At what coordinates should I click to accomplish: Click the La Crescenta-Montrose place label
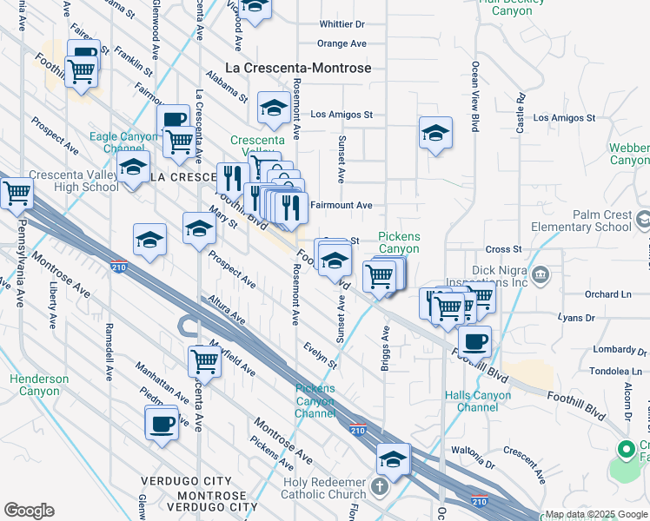click(x=298, y=68)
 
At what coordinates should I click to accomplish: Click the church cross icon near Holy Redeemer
click(x=379, y=486)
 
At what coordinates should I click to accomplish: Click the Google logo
click(x=29, y=511)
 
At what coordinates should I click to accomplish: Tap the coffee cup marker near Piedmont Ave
click(x=162, y=425)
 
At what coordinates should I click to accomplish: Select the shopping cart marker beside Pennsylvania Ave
click(x=17, y=194)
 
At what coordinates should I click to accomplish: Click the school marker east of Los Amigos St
click(x=435, y=133)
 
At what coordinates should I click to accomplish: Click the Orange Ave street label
click(x=342, y=43)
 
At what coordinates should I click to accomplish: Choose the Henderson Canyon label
click(x=39, y=385)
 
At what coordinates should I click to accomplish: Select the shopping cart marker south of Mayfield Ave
click(x=204, y=359)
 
